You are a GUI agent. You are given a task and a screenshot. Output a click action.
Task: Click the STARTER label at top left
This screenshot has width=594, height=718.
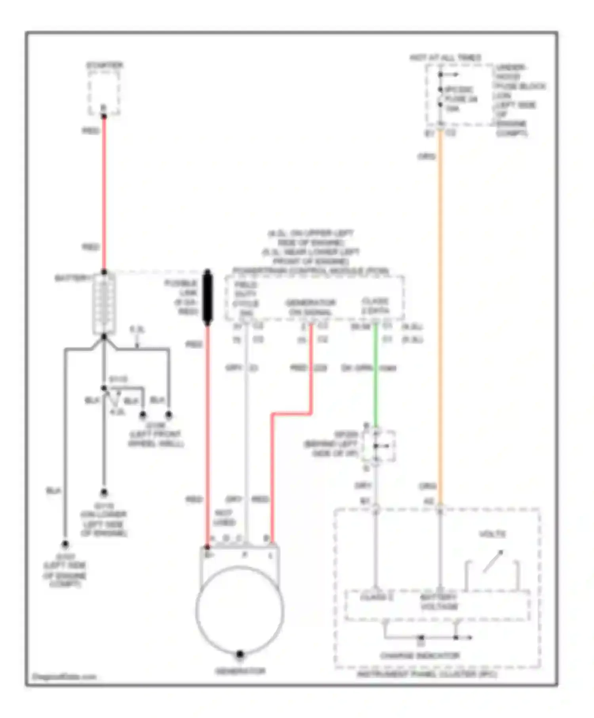(x=105, y=65)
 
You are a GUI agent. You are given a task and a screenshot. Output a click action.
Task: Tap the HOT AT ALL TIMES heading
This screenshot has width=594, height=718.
(x=445, y=58)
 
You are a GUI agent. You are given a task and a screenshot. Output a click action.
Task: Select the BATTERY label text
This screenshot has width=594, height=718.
(x=72, y=278)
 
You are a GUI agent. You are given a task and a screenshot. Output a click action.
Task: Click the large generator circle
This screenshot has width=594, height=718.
(x=240, y=610)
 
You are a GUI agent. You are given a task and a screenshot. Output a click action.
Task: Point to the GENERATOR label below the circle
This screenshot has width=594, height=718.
(x=240, y=671)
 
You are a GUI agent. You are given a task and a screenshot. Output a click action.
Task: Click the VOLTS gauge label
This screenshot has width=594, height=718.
(x=493, y=534)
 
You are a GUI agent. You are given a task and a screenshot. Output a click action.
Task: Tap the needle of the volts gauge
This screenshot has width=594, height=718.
(x=493, y=561)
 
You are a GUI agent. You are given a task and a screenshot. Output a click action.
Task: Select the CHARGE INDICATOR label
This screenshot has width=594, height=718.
(x=420, y=656)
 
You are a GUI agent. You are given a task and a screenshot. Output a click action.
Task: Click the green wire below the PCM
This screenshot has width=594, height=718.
(x=375, y=376)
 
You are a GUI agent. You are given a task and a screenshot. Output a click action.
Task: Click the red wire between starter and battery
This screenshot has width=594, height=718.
(x=104, y=190)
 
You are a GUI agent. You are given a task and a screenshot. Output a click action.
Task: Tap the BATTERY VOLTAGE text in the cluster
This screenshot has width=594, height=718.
(x=439, y=602)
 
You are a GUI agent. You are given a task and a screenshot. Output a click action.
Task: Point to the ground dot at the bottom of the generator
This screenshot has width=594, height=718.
(x=240, y=654)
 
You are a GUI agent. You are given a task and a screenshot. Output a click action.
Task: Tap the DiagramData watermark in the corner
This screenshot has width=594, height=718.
(x=64, y=676)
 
